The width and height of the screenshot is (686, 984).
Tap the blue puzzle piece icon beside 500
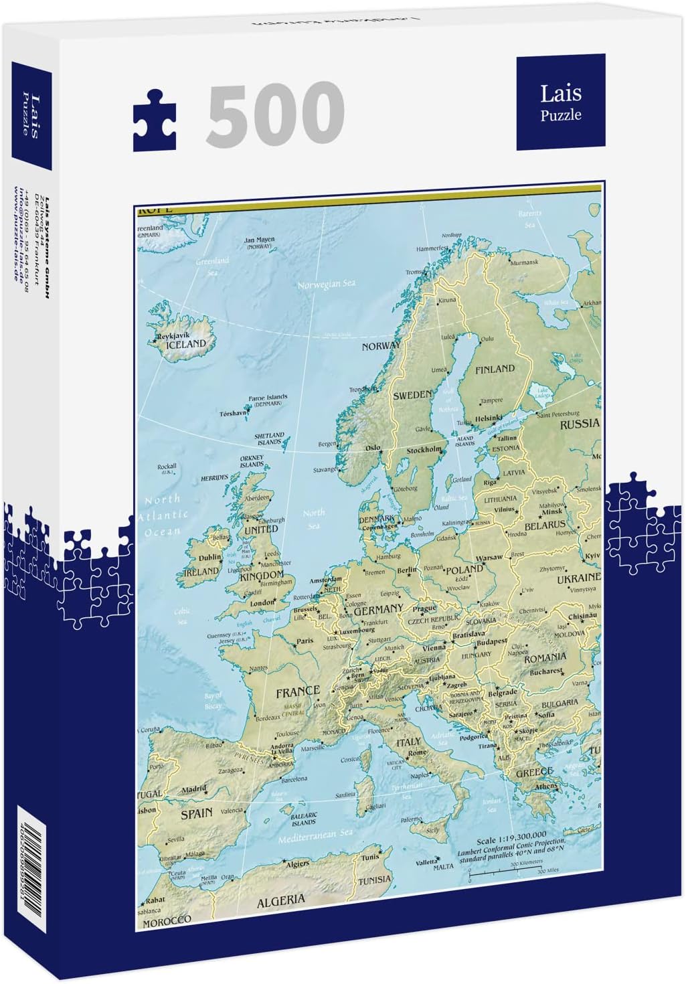[155, 122]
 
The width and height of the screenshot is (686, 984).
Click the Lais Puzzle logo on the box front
[560, 102]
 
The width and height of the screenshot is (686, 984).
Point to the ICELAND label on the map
[185, 343]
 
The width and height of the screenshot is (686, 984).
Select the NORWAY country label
[381, 346]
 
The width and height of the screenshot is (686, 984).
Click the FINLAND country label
[495, 369]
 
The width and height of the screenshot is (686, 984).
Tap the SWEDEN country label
[412, 396]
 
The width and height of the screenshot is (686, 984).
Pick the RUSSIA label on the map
[580, 424]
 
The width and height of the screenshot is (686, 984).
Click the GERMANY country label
[378, 610]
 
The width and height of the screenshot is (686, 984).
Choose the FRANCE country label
[298, 691]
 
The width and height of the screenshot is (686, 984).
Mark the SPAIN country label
[196, 814]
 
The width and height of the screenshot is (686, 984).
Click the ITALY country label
[408, 742]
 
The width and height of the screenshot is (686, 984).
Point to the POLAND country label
[464, 570]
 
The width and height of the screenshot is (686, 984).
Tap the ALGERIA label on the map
[281, 900]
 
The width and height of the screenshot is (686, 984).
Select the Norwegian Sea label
[326, 284]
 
